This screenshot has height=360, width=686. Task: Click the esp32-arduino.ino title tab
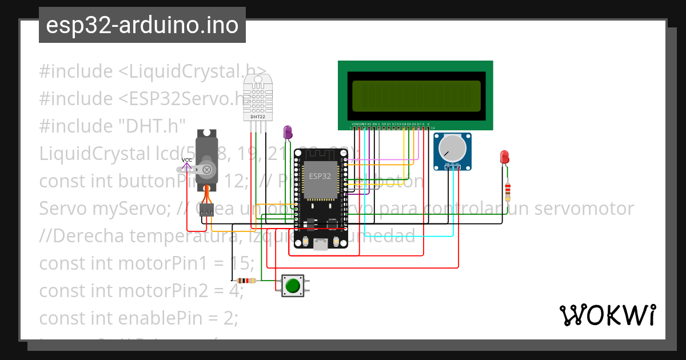click(x=142, y=25)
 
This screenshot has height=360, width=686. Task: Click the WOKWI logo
click(x=607, y=315)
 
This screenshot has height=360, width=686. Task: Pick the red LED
click(x=505, y=157)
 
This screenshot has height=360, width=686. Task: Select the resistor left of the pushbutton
click(x=246, y=281)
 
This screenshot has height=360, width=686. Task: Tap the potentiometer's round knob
click(x=452, y=149)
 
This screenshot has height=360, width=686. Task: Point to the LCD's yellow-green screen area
click(x=416, y=96)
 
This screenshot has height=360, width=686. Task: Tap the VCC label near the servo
click(x=186, y=160)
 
